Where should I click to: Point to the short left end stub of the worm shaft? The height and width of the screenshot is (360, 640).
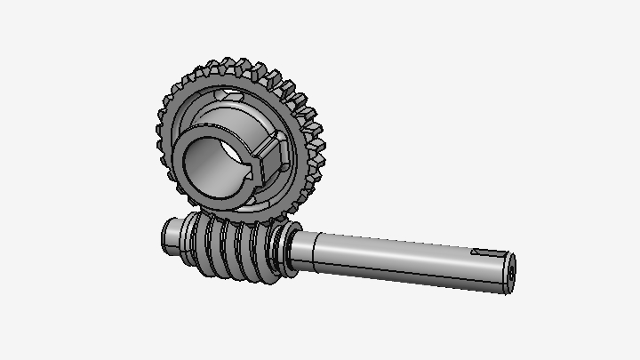pyautogui.click(x=170, y=235)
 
